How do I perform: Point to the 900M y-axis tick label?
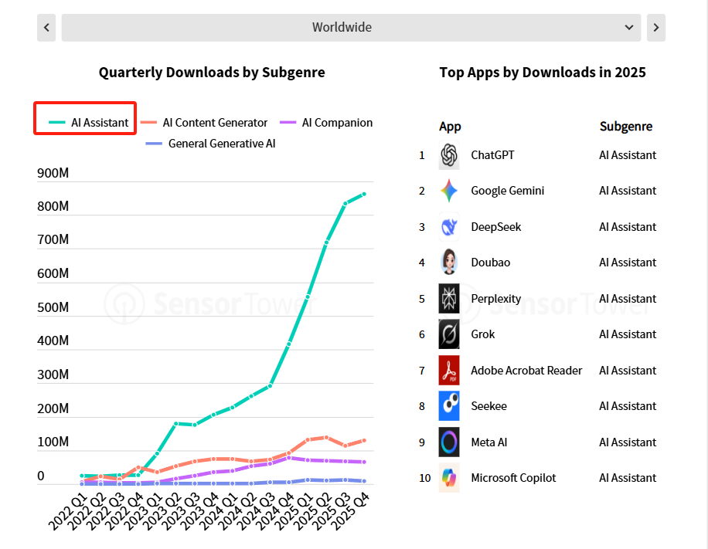[53, 173]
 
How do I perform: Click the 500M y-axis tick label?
[53, 307]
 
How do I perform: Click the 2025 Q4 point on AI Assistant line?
[364, 194]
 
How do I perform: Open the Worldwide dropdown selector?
[351, 28]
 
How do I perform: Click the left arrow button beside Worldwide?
[46, 28]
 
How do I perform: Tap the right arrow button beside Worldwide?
[655, 28]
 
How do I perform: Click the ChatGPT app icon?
[449, 155]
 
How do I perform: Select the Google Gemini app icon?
[449, 191]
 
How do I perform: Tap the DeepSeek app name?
[495, 227]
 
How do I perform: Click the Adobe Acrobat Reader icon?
[449, 371]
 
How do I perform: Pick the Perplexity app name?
[495, 299]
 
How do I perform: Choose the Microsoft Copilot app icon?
[449, 478]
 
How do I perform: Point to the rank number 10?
[424, 478]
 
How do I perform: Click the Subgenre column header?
[625, 127]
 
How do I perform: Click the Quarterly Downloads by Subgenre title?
[212, 73]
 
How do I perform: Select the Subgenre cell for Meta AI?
[627, 442]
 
